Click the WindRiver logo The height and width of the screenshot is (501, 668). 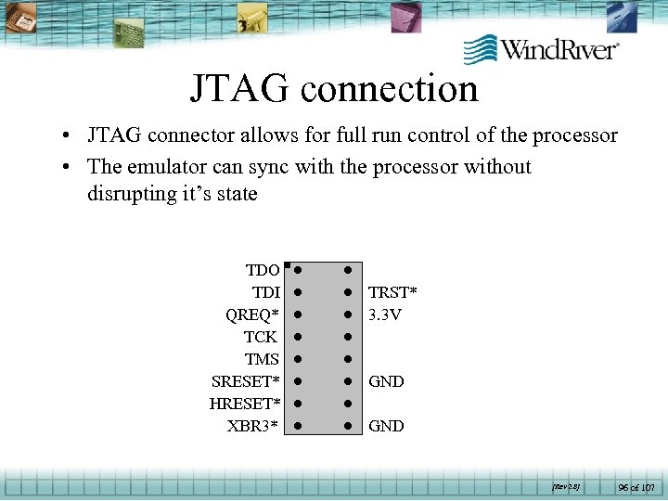point(541,48)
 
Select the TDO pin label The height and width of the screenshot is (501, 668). point(263,270)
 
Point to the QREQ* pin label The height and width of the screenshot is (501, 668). point(252,315)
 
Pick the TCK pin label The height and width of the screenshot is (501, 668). point(261,337)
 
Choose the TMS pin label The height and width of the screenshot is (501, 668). point(262,359)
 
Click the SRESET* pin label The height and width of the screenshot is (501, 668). point(246,381)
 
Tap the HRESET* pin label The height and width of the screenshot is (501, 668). point(244,404)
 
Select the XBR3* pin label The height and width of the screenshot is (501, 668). point(252,426)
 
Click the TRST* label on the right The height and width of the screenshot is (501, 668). point(392,292)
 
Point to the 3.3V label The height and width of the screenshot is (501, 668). point(384,315)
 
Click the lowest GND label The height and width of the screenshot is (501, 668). point(386,426)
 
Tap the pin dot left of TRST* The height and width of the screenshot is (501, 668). point(346,292)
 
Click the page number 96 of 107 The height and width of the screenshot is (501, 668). point(636,486)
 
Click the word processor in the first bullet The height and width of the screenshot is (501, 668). point(575,135)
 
